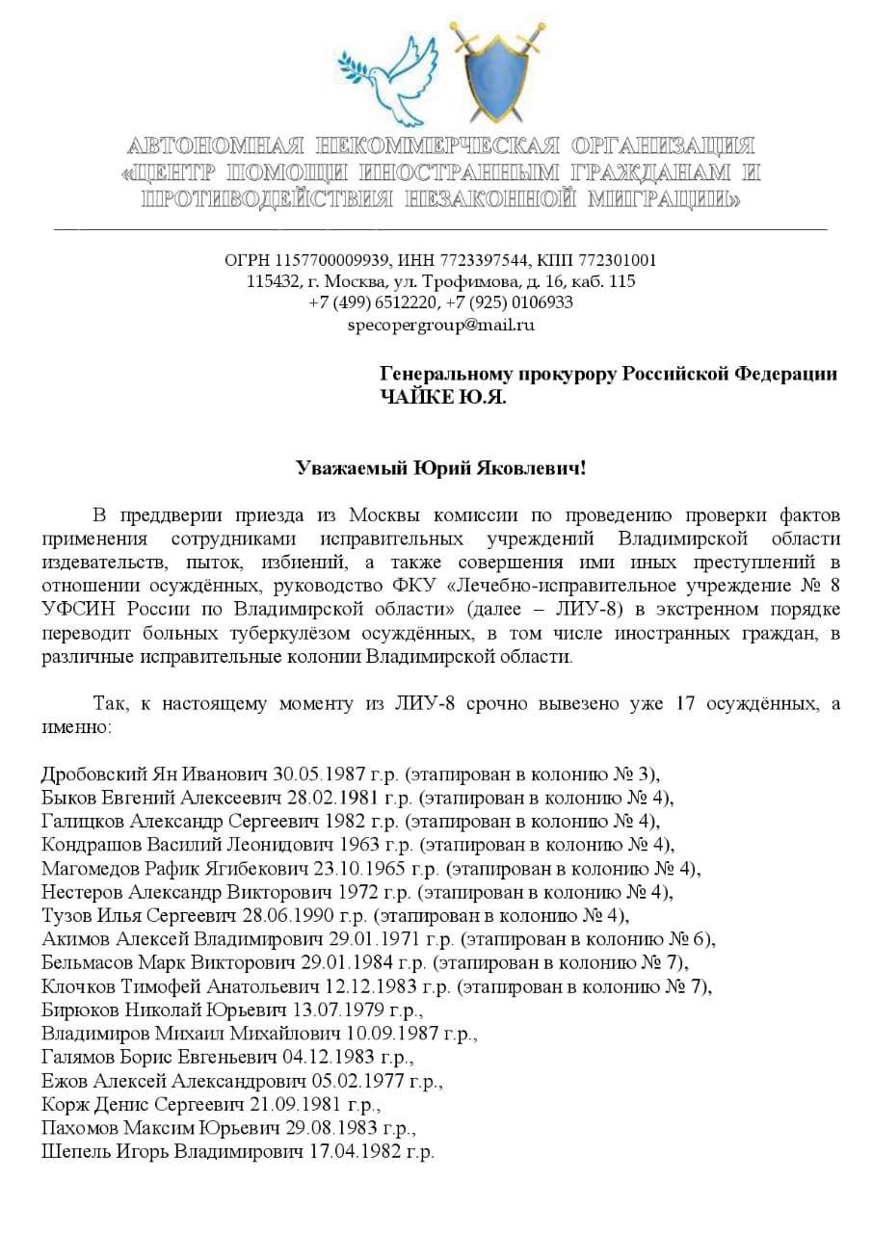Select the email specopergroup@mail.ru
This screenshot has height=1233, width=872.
point(440,325)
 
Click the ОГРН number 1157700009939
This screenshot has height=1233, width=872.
point(324,261)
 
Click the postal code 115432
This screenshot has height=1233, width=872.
point(271,281)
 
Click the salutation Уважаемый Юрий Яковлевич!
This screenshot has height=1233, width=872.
point(440,469)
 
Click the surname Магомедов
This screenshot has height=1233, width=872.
point(88,868)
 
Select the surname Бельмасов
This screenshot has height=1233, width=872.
point(86,962)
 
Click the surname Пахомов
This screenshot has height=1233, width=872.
point(78,1127)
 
